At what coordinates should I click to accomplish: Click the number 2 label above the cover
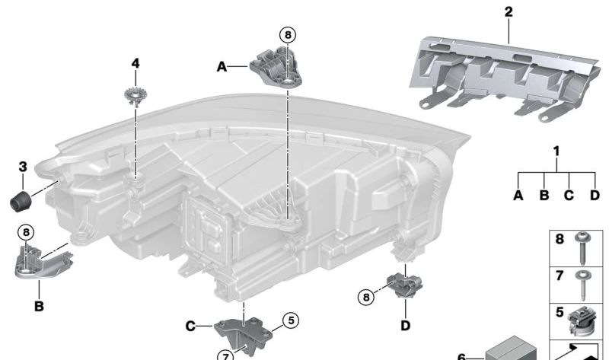[x=508, y=11]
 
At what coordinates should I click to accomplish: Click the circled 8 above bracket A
[x=287, y=34]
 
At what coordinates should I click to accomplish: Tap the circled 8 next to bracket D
[x=368, y=297]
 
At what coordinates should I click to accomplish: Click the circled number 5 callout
[x=289, y=320]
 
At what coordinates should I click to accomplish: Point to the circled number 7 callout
[x=226, y=354]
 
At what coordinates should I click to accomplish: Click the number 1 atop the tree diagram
[x=556, y=151]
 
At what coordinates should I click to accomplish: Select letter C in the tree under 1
[x=568, y=195]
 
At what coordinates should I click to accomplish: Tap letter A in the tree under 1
[x=518, y=195]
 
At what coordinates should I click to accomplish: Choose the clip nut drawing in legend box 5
[x=580, y=320]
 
